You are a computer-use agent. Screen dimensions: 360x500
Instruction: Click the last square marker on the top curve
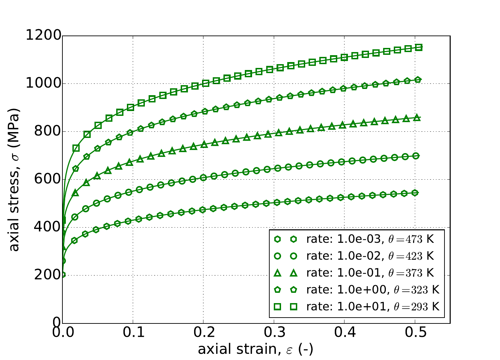(419, 47)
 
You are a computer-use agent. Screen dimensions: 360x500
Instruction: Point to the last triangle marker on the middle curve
(417, 117)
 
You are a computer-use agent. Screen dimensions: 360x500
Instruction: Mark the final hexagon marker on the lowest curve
(415, 192)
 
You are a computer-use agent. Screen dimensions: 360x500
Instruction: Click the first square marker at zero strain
(62, 220)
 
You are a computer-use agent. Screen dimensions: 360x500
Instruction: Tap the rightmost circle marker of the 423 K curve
(416, 156)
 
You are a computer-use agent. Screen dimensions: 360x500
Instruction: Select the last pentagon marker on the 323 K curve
(418, 80)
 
